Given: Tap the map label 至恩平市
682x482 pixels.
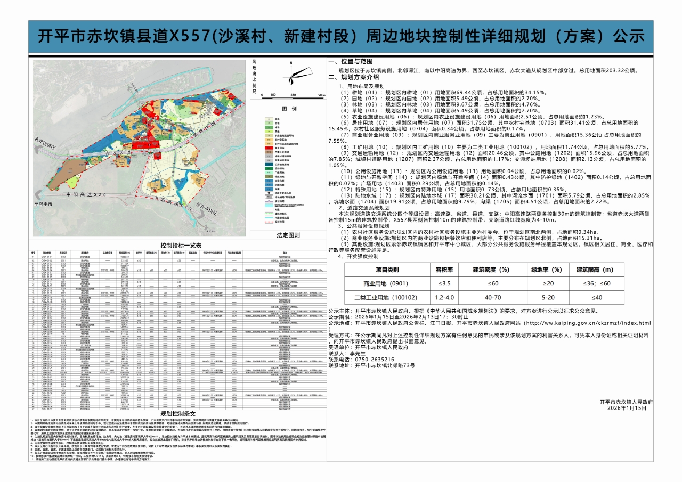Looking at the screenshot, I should click(44, 204).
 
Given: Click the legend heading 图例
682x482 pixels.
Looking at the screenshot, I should click(289, 109).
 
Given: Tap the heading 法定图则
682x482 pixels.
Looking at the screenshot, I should click(288, 235).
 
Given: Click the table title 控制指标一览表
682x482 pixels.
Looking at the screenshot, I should click(181, 245).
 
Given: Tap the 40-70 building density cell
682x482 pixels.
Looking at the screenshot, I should click(493, 298).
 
